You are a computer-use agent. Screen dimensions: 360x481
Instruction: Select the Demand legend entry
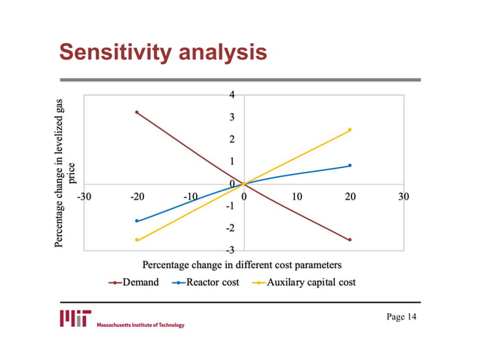point(134,282)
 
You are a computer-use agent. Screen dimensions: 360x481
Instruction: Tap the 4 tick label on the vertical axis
point(233,95)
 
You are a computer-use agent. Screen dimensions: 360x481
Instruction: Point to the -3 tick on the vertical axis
point(231,249)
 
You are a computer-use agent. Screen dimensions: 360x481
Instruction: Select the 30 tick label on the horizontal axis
point(403,197)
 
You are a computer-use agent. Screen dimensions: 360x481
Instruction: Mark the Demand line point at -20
point(136,112)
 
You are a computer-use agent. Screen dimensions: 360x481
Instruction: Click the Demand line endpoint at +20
point(350,240)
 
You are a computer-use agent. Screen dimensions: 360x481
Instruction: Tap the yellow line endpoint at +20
point(350,130)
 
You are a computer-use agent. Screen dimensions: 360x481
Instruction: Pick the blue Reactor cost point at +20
point(350,166)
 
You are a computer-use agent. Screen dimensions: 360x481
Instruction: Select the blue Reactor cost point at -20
point(136,221)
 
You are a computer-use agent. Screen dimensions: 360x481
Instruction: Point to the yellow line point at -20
point(136,240)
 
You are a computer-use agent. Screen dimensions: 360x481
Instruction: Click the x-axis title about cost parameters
point(242,265)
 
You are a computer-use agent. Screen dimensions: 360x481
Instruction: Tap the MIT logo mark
point(75,317)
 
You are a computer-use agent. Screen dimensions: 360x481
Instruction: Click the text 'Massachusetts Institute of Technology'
point(140,325)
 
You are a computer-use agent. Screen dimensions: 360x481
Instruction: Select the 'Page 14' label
point(401,316)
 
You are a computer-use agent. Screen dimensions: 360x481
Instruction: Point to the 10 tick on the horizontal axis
point(297,197)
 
